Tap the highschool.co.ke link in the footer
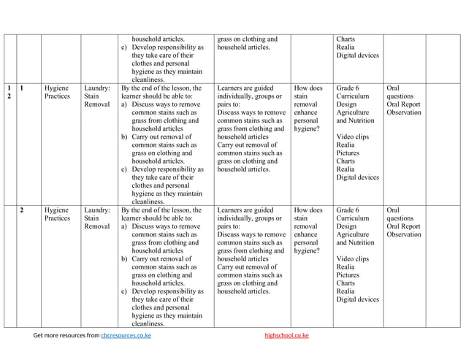click(286, 336)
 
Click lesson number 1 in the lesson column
click(23, 88)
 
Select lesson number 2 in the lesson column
click(23, 210)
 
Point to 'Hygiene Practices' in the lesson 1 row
click(57, 92)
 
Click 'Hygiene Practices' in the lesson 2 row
click(57, 214)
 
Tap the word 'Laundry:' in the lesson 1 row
click(97, 88)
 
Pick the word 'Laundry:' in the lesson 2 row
click(97, 210)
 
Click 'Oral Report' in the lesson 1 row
click(404, 104)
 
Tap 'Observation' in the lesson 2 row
click(404, 234)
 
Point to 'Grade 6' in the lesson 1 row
click(348, 88)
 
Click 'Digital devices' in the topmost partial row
click(357, 55)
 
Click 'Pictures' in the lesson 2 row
click(348, 275)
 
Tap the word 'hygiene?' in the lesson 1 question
click(308, 129)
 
